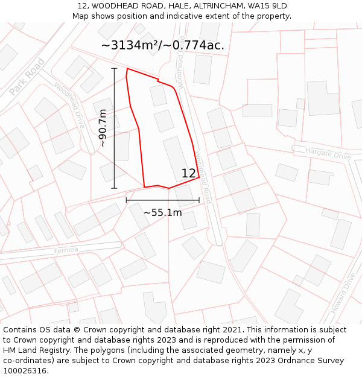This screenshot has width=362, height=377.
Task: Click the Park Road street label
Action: coord(27,77)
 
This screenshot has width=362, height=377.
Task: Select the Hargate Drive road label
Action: coord(328,153)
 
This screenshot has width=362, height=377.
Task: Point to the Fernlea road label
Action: coord(66,250)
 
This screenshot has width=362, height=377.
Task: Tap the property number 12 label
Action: coord(189,174)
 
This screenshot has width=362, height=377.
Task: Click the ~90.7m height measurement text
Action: coord(103,128)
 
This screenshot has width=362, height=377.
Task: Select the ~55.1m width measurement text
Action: coord(162,212)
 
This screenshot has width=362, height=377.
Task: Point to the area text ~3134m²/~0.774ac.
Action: coord(162,45)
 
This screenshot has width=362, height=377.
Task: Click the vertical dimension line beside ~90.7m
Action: coord(114,128)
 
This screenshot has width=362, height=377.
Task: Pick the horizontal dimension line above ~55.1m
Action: coord(162,200)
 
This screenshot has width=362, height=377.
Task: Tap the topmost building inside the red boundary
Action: coord(159,95)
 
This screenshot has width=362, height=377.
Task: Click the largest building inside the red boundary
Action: coord(176,158)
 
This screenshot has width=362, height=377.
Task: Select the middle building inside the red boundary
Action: coord(164,121)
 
